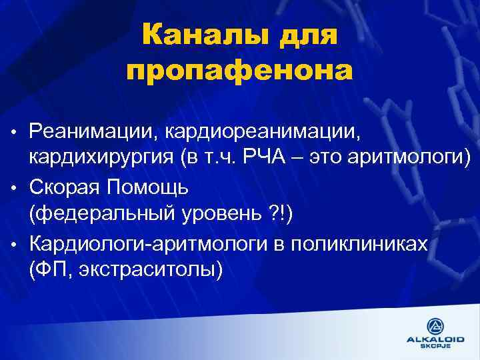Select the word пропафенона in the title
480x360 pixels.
(x=239, y=70)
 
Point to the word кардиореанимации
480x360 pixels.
(x=262, y=128)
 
